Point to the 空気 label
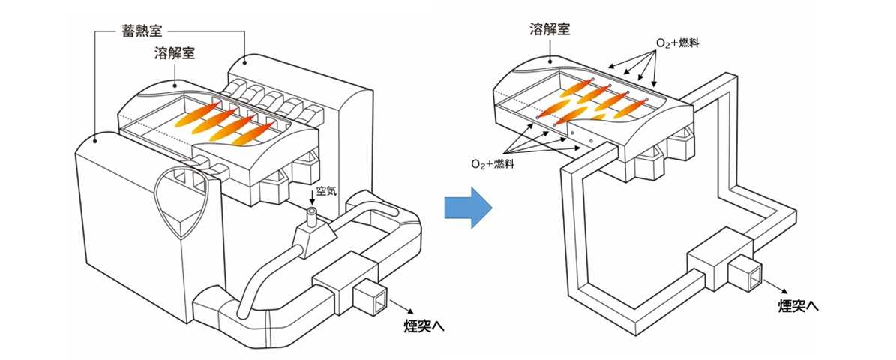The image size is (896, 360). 328,192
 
